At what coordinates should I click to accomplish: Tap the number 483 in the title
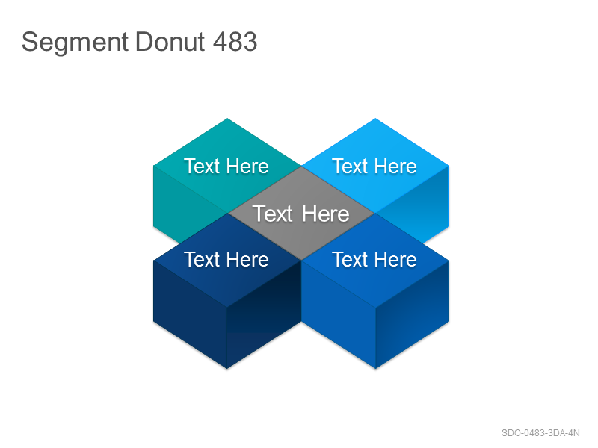(x=235, y=41)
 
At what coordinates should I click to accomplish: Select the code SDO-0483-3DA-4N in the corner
(x=540, y=433)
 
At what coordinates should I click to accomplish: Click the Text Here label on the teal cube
(x=226, y=166)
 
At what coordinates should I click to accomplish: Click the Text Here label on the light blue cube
(x=374, y=166)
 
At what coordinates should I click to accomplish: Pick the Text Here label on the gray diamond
(x=300, y=214)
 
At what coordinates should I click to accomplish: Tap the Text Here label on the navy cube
(x=226, y=259)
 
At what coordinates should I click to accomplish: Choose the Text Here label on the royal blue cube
(x=374, y=259)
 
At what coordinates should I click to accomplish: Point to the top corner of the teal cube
(x=227, y=119)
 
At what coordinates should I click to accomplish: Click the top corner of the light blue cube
(x=375, y=119)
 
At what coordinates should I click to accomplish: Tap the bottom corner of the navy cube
(x=227, y=369)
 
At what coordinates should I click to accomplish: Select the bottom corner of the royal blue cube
(x=376, y=369)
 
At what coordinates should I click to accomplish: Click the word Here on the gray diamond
(x=325, y=214)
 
